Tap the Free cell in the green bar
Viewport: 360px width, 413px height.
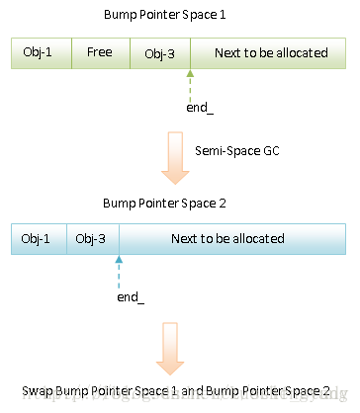click(98, 52)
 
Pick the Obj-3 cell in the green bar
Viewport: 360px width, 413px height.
click(158, 52)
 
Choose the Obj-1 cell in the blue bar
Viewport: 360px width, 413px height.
click(37, 239)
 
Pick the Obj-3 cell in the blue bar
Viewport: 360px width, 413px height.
click(92, 239)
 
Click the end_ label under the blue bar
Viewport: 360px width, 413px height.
click(129, 296)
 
